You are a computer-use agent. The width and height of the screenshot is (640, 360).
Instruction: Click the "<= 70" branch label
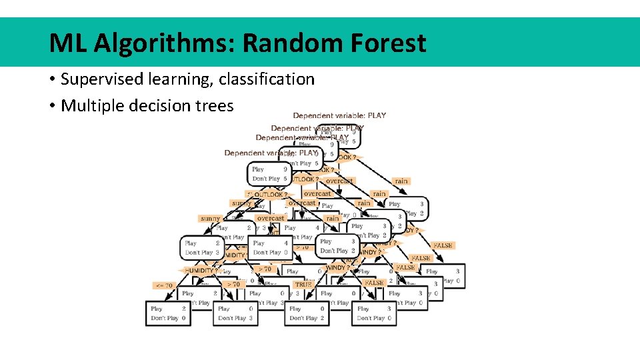point(164,285)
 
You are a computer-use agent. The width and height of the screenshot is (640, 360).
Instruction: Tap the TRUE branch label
point(303,285)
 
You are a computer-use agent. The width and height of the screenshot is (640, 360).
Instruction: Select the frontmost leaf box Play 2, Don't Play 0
point(167,313)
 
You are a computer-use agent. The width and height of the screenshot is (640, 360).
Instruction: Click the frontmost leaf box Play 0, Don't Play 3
point(235,313)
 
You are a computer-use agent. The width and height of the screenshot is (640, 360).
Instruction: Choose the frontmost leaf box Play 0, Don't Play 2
point(307,313)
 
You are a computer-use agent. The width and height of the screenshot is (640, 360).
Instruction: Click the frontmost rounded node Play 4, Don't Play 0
point(270,247)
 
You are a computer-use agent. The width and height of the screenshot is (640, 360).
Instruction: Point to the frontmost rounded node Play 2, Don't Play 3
point(201,247)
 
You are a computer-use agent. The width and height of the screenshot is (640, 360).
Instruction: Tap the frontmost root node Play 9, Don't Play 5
point(269,174)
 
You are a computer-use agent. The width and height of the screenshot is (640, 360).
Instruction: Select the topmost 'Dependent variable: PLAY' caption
point(339,115)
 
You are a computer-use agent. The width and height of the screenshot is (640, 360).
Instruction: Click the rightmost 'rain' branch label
point(401,181)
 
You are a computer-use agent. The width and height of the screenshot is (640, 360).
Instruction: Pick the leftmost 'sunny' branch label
point(210,218)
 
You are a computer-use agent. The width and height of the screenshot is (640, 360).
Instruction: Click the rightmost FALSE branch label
point(442,245)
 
